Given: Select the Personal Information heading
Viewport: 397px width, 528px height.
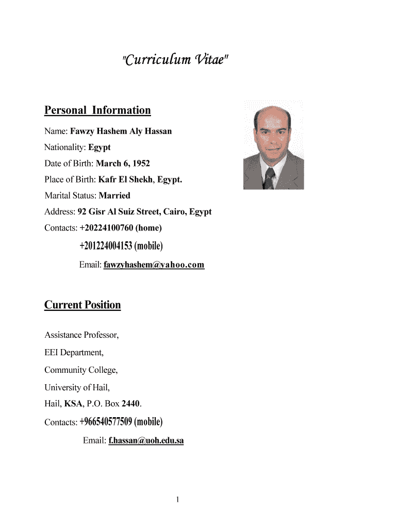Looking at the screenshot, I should (97, 110).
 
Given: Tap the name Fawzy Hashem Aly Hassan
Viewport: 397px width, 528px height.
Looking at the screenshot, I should (121, 131).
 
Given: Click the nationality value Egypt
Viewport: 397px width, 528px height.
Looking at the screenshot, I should (100, 147).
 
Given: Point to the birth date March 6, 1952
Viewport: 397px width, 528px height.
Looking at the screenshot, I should (123, 163).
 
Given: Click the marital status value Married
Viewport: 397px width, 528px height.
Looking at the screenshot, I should (114, 195).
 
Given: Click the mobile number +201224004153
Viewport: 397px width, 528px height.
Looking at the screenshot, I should (106, 246).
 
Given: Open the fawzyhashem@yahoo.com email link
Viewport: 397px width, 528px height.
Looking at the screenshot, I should (154, 265).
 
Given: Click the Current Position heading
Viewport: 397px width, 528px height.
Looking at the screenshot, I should (82, 305).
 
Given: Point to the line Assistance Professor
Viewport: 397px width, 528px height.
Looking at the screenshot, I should (81, 335).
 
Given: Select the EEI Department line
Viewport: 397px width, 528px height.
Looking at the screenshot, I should (74, 353).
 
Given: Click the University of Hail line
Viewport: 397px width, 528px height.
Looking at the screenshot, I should (77, 387).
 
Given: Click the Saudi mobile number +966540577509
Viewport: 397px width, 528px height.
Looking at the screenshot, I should (106, 422).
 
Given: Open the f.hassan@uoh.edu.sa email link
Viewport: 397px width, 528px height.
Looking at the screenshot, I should (146, 441).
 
